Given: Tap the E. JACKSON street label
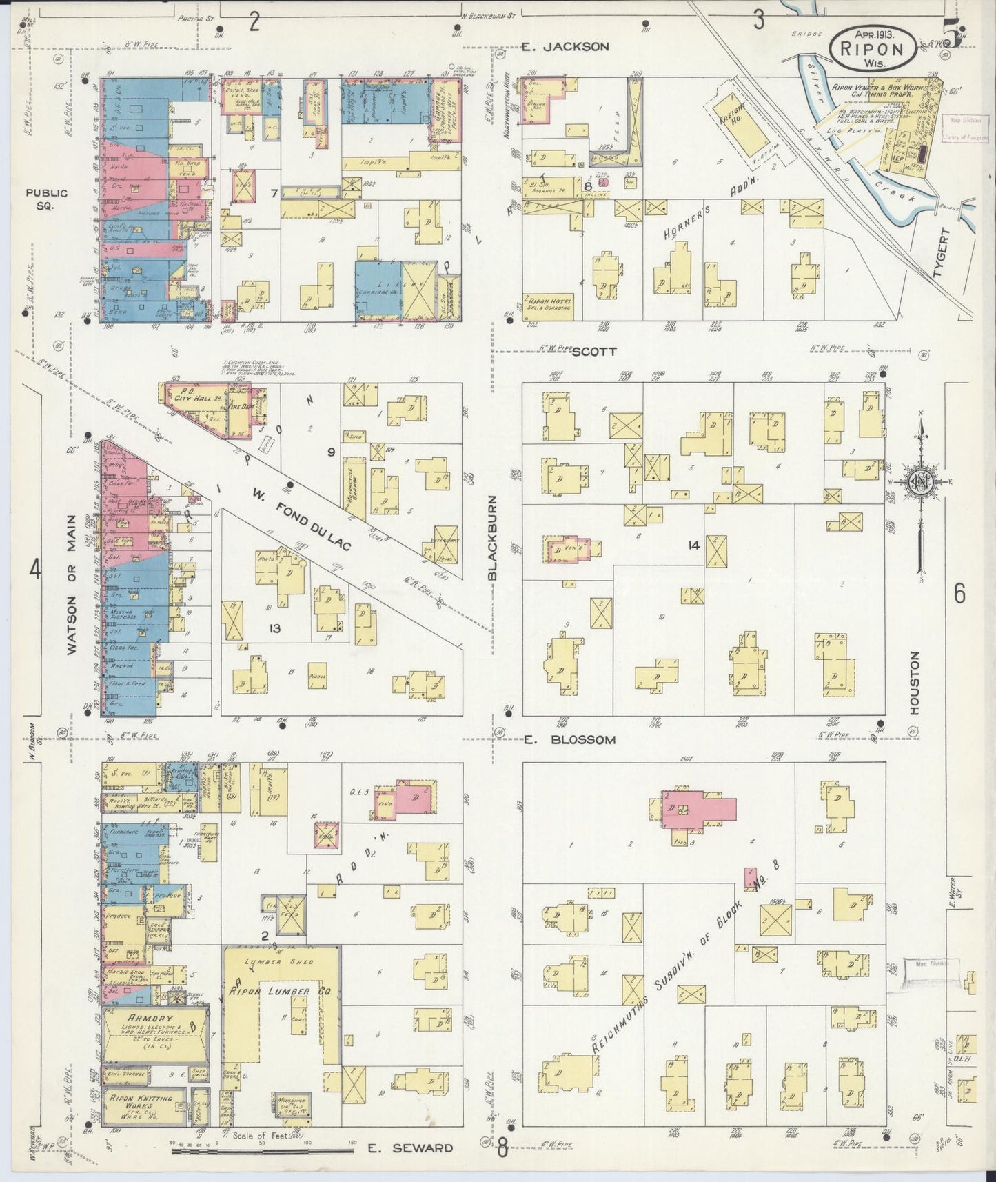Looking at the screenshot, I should [x=565, y=47].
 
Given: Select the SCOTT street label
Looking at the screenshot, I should [x=593, y=351].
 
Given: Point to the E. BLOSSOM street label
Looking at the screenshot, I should [x=568, y=740].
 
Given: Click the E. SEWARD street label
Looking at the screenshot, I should [x=409, y=1148].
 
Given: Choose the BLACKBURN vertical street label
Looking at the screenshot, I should [x=492, y=539].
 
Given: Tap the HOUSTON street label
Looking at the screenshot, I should [x=915, y=683].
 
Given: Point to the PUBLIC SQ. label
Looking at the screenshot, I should [x=47, y=199].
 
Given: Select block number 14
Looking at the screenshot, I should [x=693, y=545].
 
